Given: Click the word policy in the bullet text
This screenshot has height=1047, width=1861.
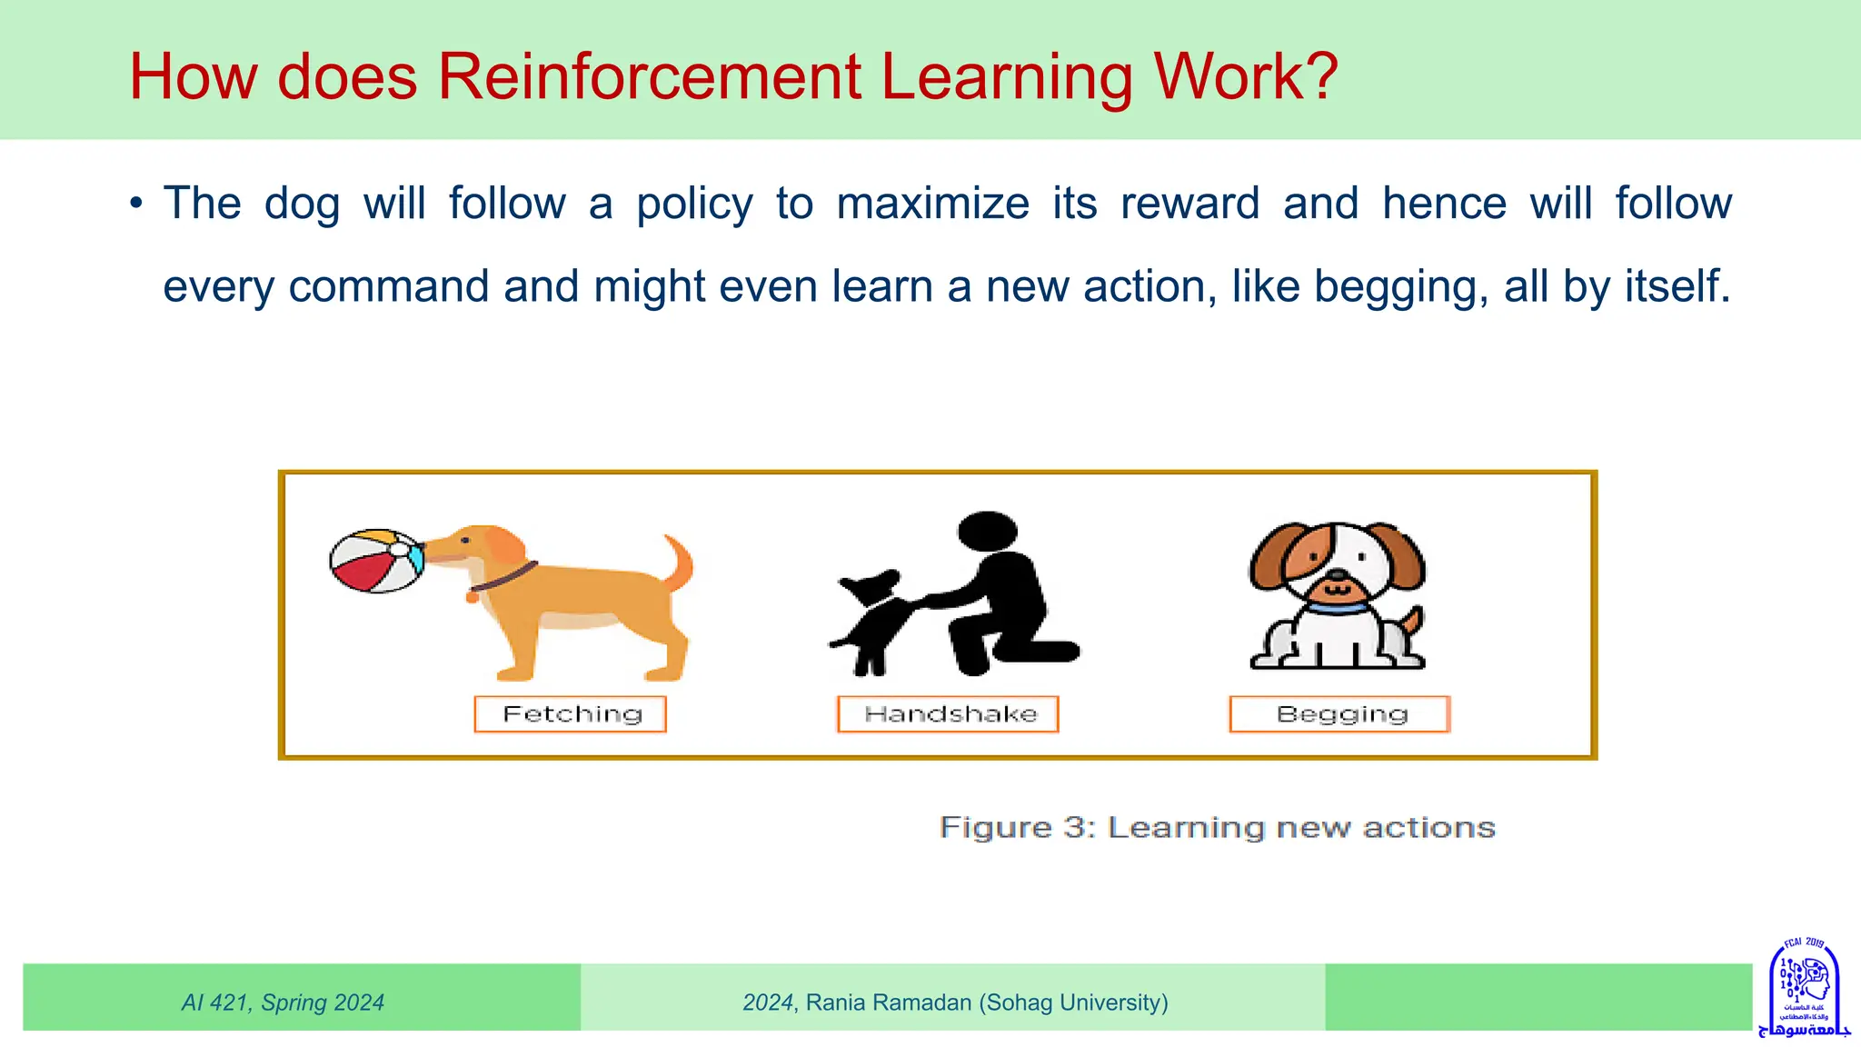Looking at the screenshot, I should (x=694, y=204).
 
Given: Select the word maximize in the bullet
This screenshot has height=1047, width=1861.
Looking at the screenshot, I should (x=932, y=204).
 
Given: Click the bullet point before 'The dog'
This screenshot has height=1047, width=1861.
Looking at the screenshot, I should (x=136, y=204).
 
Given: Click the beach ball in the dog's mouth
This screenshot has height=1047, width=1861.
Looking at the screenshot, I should (x=376, y=561).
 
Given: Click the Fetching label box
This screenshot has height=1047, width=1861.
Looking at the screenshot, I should (x=571, y=714).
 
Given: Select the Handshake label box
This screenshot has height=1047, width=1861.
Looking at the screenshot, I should (x=949, y=714).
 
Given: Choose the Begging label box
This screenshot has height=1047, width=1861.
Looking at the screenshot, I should (x=1340, y=714).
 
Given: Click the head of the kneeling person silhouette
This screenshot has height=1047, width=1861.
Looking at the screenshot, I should (x=988, y=530).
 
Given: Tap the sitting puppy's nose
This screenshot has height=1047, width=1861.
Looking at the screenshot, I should (x=1337, y=575).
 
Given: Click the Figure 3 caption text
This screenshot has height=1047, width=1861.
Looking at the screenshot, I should (x=1217, y=828).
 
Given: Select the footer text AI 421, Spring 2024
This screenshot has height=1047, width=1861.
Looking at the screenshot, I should (x=283, y=1002).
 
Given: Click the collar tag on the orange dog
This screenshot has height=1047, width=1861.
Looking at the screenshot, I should (x=473, y=596).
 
